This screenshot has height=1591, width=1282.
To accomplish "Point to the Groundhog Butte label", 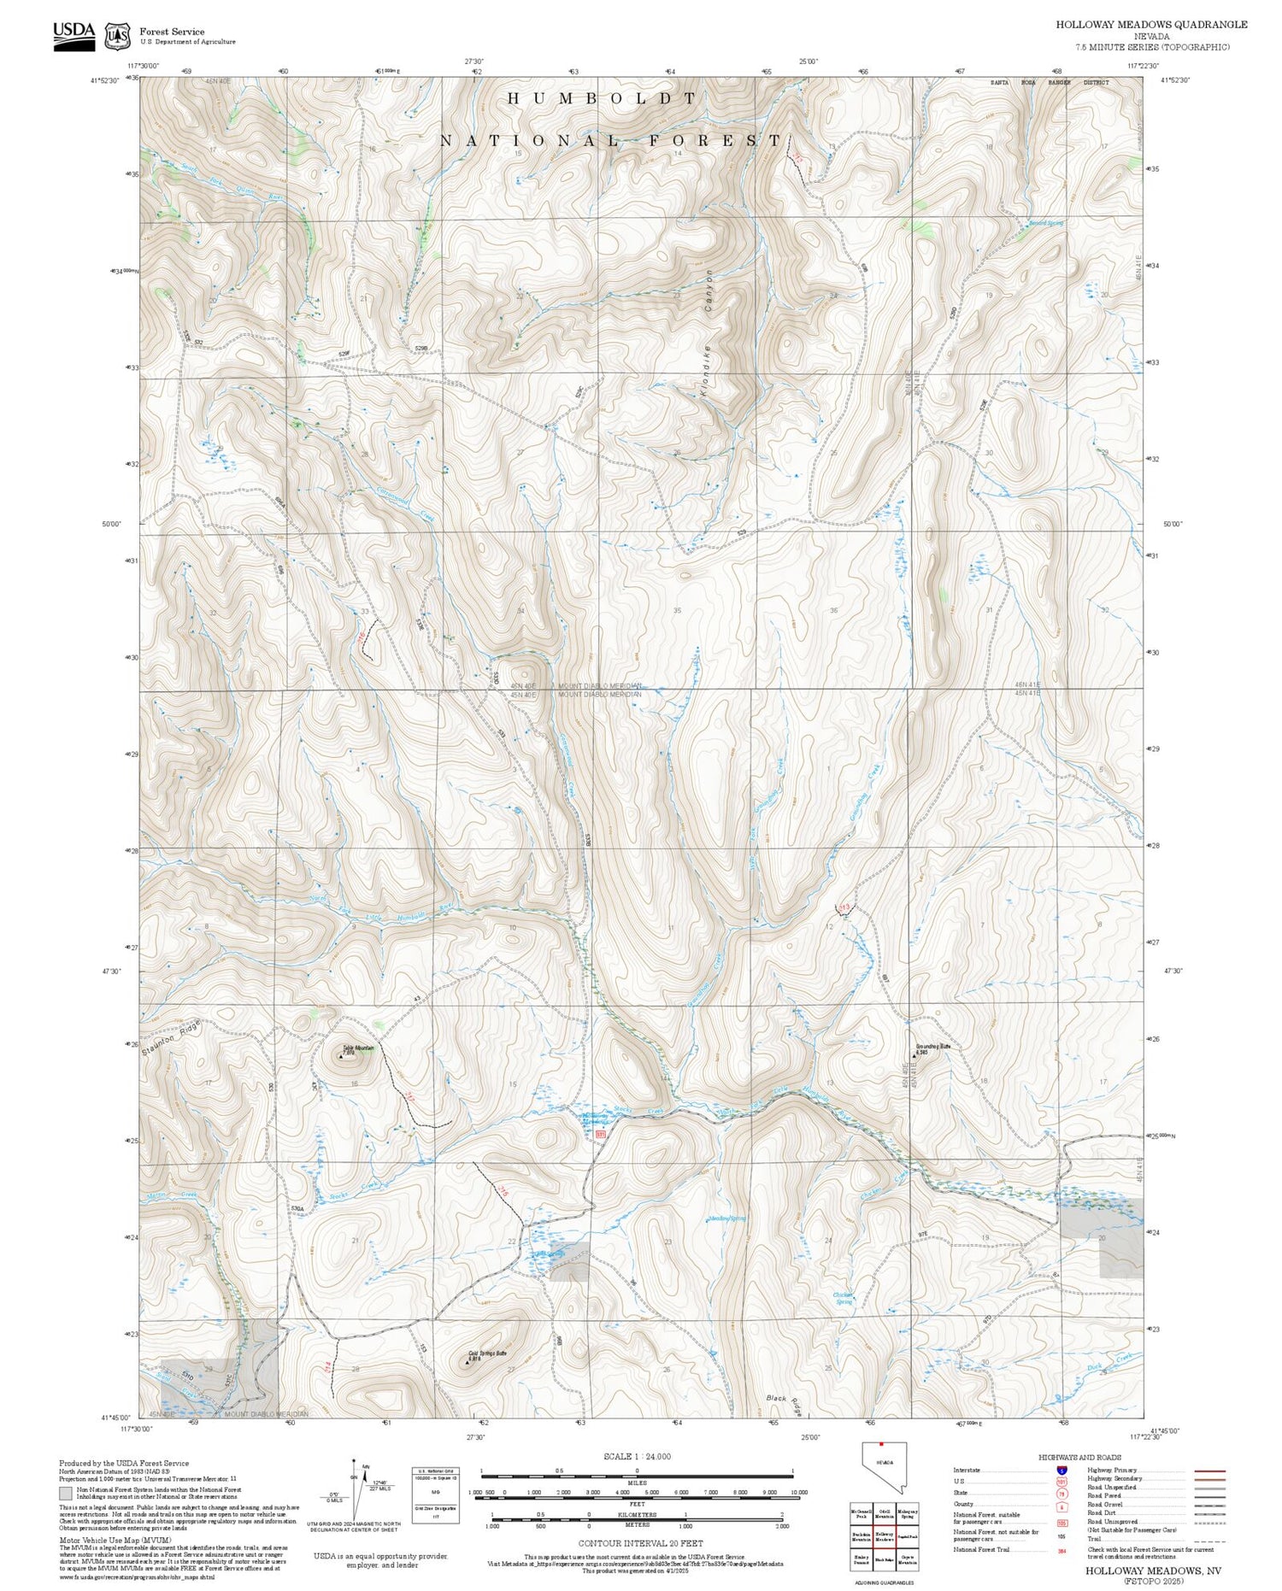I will click(932, 1047).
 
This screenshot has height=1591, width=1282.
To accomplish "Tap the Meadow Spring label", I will click(727, 1218).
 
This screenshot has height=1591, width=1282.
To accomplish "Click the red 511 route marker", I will click(600, 1135).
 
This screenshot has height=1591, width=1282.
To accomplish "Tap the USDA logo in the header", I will click(74, 35).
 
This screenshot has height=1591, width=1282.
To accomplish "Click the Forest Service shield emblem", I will click(117, 36).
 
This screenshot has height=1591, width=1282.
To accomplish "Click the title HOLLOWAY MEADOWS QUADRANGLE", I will click(1150, 24).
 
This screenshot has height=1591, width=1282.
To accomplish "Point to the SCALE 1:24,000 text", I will click(637, 1456).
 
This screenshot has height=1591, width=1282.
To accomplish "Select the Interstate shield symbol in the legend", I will click(1061, 1471).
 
